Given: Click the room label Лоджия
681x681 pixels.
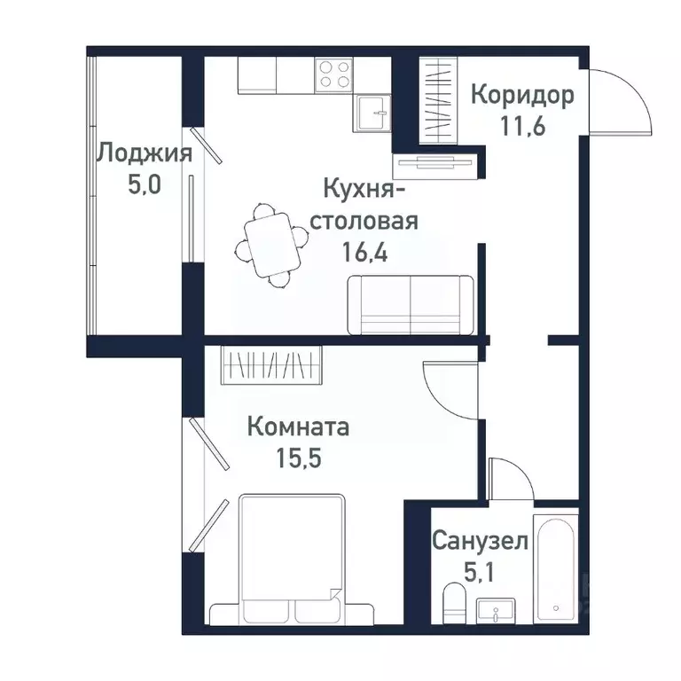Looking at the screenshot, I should (x=144, y=153).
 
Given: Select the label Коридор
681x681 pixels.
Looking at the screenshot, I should (x=521, y=94).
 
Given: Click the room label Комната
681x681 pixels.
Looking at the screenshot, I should (x=297, y=427).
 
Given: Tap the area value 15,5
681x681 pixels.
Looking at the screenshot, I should (x=297, y=460).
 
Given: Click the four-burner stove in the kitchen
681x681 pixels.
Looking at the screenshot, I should (x=333, y=74).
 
